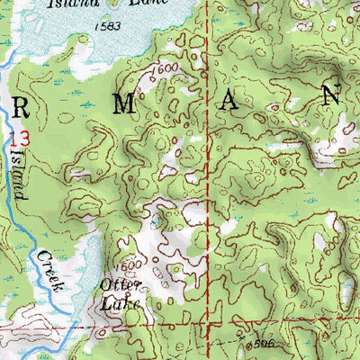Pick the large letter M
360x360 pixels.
tap(126, 103)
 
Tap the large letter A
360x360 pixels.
tap(229, 101)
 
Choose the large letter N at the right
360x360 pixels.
tap(331, 94)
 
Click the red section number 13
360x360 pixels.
tap(21, 138)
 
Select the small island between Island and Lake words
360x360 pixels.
tap(112, 4)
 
